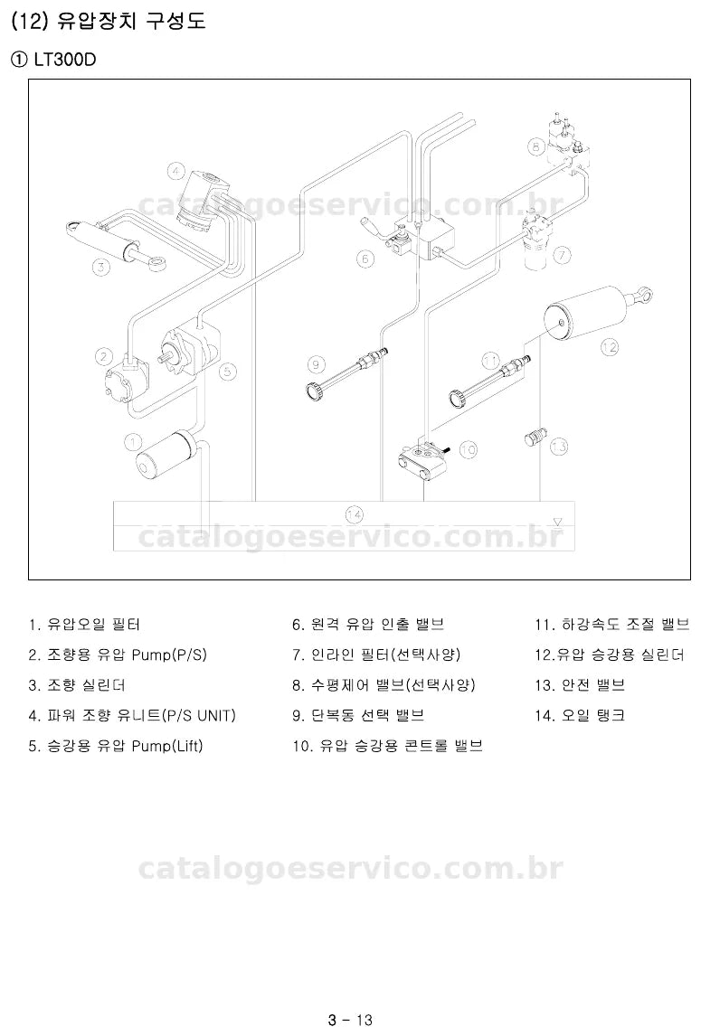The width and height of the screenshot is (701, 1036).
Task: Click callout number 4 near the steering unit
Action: pos(175,173)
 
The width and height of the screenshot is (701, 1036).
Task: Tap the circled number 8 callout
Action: pos(536,146)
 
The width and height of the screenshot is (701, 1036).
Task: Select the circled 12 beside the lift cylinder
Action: pos(609,346)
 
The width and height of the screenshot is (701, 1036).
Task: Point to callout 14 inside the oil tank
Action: pos(355,513)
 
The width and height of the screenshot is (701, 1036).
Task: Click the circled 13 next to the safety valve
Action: pos(559,447)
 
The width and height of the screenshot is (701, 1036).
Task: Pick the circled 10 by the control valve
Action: pos(468,450)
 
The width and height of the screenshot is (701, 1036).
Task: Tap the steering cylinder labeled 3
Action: pos(115,241)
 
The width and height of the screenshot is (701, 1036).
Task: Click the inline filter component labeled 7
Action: pos(538,240)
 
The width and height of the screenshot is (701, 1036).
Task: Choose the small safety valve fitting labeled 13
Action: pos(535,437)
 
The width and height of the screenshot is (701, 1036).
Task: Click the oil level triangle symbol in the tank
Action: pos(557,522)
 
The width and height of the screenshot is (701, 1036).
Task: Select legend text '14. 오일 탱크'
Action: pos(579,716)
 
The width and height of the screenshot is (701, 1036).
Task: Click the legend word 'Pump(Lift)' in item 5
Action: pos(167,746)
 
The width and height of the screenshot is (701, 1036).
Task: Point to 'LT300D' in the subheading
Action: pos(65,60)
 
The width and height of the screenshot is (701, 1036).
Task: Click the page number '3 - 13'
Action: pos(350,1020)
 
